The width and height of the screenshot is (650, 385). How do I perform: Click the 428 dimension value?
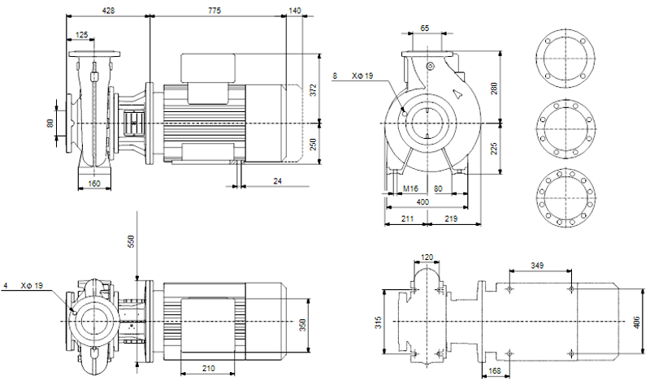click(x=108, y=11)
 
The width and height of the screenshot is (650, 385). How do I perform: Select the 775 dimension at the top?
click(x=214, y=11)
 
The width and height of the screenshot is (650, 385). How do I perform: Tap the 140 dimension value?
click(x=294, y=11)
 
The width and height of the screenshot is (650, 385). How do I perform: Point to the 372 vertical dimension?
click(x=314, y=90)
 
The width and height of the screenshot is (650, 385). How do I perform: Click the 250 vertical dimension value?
click(x=314, y=145)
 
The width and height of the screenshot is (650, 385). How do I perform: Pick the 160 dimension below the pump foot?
click(x=94, y=184)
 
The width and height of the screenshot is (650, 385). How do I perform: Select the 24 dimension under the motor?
click(x=277, y=180)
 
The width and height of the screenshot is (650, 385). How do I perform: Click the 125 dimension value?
click(x=82, y=35)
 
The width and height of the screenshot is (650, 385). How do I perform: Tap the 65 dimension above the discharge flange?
click(x=425, y=28)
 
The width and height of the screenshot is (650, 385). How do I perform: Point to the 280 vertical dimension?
click(x=494, y=89)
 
